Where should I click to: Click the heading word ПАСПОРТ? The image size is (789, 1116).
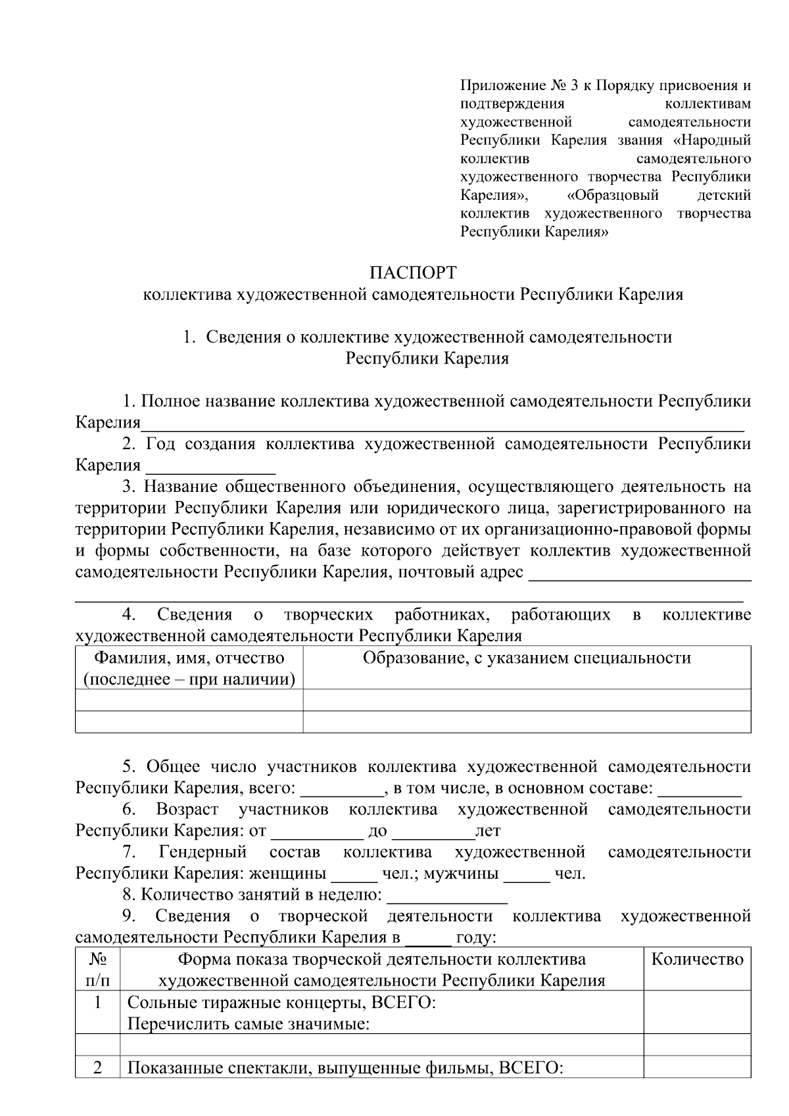click(412, 272)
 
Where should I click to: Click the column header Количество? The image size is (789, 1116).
click(697, 959)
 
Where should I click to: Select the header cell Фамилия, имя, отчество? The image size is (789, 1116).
click(189, 658)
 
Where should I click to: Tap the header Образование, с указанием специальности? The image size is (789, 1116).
click(527, 658)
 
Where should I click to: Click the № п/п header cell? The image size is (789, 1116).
click(98, 969)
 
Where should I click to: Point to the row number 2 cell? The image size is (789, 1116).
click(98, 1068)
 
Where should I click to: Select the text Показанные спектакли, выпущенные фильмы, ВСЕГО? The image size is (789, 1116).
click(345, 1068)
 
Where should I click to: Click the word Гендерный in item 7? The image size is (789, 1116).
click(203, 852)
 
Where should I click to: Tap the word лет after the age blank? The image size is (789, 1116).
click(488, 831)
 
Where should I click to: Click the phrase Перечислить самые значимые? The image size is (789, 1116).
click(247, 1024)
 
